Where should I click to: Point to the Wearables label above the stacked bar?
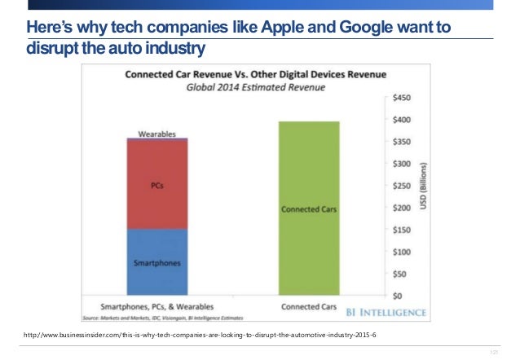(x=156, y=132)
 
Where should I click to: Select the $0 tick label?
(x=399, y=296)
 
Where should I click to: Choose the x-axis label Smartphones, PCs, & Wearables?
(x=156, y=307)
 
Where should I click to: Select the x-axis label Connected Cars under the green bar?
(x=309, y=307)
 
